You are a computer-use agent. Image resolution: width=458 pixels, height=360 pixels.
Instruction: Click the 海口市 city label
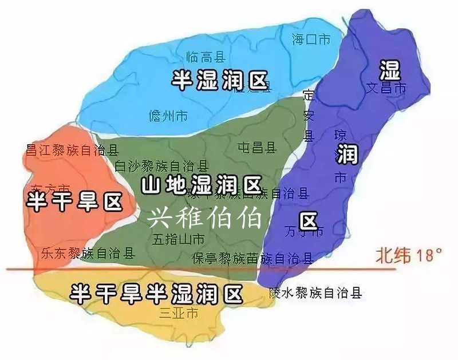pyautogui.click(x=311, y=39)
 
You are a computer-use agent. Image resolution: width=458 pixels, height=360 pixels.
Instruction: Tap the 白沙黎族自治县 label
pyautogui.click(x=161, y=167)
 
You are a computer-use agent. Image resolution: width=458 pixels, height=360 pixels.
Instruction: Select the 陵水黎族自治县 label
pyautogui.click(x=315, y=294)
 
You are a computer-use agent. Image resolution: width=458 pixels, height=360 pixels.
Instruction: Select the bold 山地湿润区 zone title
pyautogui.click(x=201, y=185)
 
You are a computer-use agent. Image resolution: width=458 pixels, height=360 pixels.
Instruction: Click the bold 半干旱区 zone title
pyautogui.click(x=75, y=201)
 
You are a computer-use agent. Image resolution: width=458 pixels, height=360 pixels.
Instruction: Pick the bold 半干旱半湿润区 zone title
pyautogui.click(x=156, y=294)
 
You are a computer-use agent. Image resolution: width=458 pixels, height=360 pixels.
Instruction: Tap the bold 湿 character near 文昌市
pyautogui.click(x=390, y=72)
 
